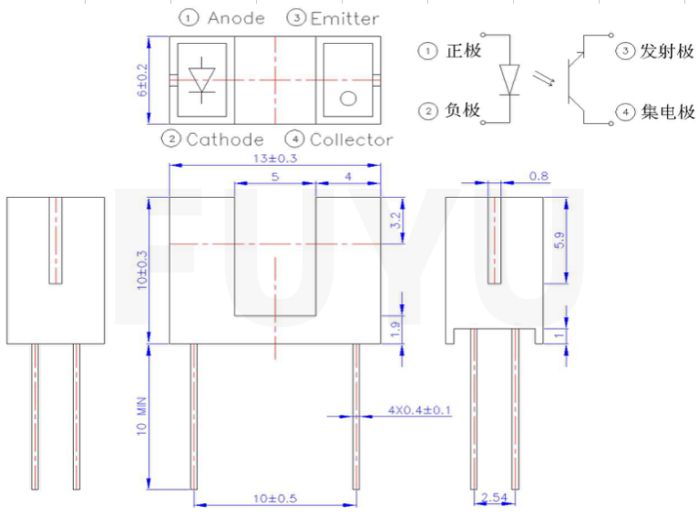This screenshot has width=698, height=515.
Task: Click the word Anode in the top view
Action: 235,18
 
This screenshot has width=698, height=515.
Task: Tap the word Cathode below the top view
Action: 224,139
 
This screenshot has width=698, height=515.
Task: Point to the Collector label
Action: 351,139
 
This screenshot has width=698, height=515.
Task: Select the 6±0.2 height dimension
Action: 141,80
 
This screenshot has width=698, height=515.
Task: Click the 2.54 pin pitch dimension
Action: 492,498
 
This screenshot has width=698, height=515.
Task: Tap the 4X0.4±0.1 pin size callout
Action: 420,410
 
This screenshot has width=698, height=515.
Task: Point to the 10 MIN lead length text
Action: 141,417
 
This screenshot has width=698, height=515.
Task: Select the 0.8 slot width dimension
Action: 539,176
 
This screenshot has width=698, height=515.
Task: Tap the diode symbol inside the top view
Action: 201,79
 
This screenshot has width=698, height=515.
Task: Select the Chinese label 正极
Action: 463,51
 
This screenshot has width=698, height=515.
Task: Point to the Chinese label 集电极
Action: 667,112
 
